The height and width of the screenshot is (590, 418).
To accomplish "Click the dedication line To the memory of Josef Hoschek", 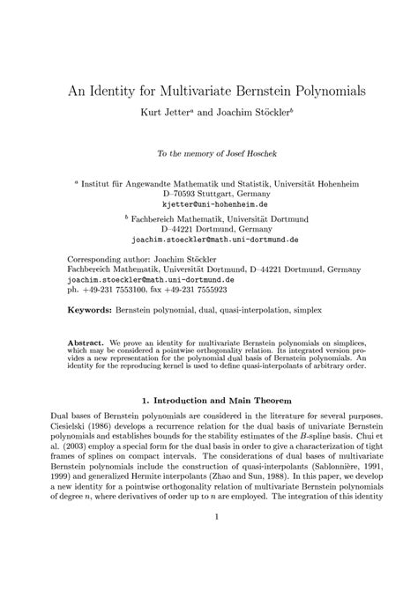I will pyautogui.click(x=209, y=153).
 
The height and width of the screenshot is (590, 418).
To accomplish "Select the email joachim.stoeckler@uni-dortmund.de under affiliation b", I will pyautogui.click(x=209, y=238).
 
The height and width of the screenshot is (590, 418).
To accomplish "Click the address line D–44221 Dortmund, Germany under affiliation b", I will pyautogui.click(x=208, y=227).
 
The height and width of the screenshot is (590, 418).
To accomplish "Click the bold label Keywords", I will pyautogui.click(x=89, y=311).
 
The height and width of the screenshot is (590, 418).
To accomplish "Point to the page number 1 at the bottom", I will pyautogui.click(x=209, y=565).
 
